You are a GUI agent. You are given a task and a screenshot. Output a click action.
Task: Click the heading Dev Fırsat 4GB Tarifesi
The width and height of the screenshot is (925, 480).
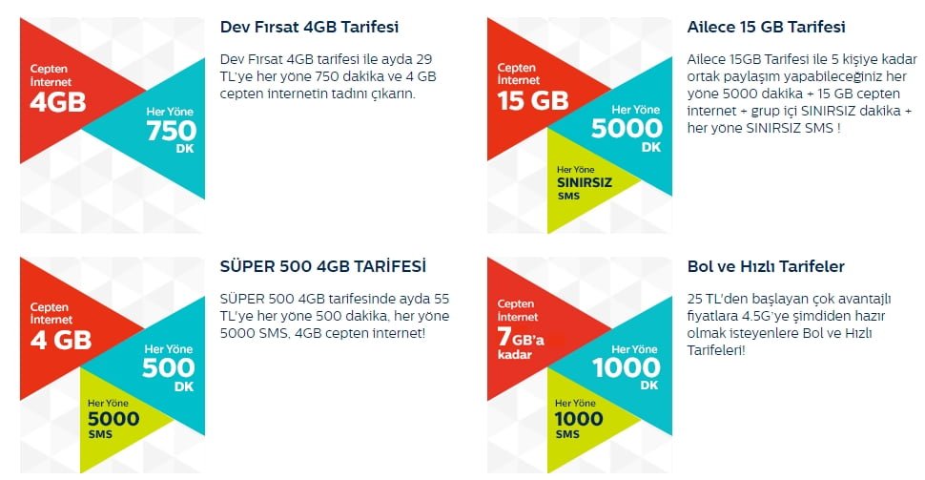pyautogui.click(x=309, y=27)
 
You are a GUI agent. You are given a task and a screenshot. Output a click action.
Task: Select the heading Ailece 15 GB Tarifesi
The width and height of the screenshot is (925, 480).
pyautogui.click(x=766, y=27)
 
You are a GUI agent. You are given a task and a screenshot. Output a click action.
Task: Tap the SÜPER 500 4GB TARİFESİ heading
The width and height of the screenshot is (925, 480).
pyautogui.click(x=322, y=266)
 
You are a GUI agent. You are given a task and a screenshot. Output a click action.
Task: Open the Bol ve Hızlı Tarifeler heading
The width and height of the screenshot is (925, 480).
pyautogui.click(x=766, y=266)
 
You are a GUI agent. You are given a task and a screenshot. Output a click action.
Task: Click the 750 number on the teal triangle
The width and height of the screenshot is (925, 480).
pyautogui.click(x=172, y=131)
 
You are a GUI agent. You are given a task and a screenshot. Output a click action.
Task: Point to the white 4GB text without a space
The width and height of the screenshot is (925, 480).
pyautogui.click(x=58, y=101)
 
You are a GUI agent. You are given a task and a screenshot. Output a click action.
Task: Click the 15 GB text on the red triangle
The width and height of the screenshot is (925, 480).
pyautogui.click(x=533, y=100)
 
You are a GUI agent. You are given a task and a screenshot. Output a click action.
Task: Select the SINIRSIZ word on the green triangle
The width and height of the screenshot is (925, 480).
pyautogui.click(x=585, y=182)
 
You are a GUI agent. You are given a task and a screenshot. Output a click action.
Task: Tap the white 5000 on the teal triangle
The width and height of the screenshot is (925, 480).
pyautogui.click(x=627, y=128)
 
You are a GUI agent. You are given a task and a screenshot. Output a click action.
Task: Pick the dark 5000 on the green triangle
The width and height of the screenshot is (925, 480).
pyautogui.click(x=113, y=419)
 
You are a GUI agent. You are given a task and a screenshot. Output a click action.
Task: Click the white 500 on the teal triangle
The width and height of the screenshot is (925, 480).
pyautogui.click(x=168, y=367)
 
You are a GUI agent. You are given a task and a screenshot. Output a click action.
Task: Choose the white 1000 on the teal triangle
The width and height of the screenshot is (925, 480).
pyautogui.click(x=627, y=367)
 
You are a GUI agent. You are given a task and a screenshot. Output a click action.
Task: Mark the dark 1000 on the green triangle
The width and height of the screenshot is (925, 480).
pyautogui.click(x=579, y=419)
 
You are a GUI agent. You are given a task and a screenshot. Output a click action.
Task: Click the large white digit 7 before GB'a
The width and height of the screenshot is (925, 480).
pyautogui.click(x=504, y=337)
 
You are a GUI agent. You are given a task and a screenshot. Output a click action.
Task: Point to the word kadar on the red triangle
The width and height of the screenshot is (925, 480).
pyautogui.click(x=514, y=355)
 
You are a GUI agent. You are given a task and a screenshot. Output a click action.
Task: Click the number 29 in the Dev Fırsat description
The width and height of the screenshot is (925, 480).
pyautogui.click(x=423, y=59)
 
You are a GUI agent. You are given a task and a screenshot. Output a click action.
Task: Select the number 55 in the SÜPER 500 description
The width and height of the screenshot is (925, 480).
pyautogui.click(x=442, y=299)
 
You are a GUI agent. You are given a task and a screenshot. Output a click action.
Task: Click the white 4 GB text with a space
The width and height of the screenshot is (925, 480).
pyautogui.click(x=61, y=340)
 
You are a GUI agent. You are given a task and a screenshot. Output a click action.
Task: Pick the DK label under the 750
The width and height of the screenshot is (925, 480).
pyautogui.click(x=185, y=149)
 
